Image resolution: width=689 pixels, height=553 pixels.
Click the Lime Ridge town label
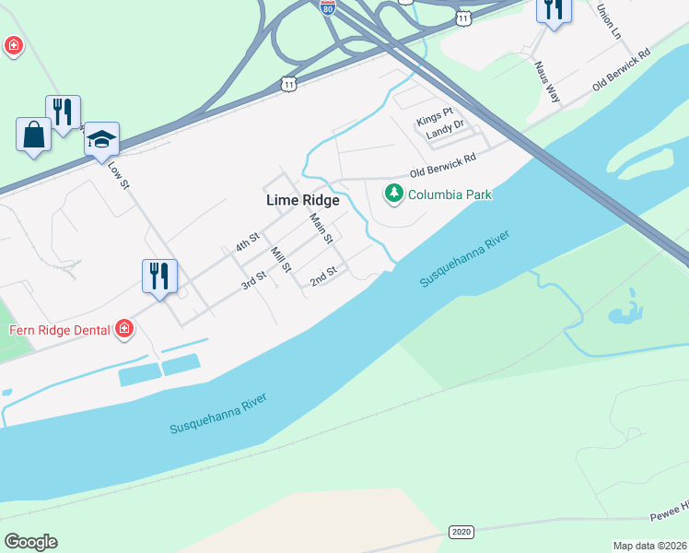pos(302,200)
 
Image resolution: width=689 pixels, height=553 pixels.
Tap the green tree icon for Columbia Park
pos(394,194)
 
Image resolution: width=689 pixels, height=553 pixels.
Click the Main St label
pos(321,228)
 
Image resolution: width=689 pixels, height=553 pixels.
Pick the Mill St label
pos(280,260)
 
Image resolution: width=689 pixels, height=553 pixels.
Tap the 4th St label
pos(247,243)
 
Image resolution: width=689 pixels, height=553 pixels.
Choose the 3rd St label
pos(253,280)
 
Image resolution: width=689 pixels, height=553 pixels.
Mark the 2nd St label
pos(324,276)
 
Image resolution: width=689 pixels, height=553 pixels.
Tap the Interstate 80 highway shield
pos(328,7)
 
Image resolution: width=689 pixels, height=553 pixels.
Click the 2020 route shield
pos(461,532)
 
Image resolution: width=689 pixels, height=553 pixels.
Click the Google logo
pos(30,542)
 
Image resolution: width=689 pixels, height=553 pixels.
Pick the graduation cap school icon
pos(101,139)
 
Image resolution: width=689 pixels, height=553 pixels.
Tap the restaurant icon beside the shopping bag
pos(63,112)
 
